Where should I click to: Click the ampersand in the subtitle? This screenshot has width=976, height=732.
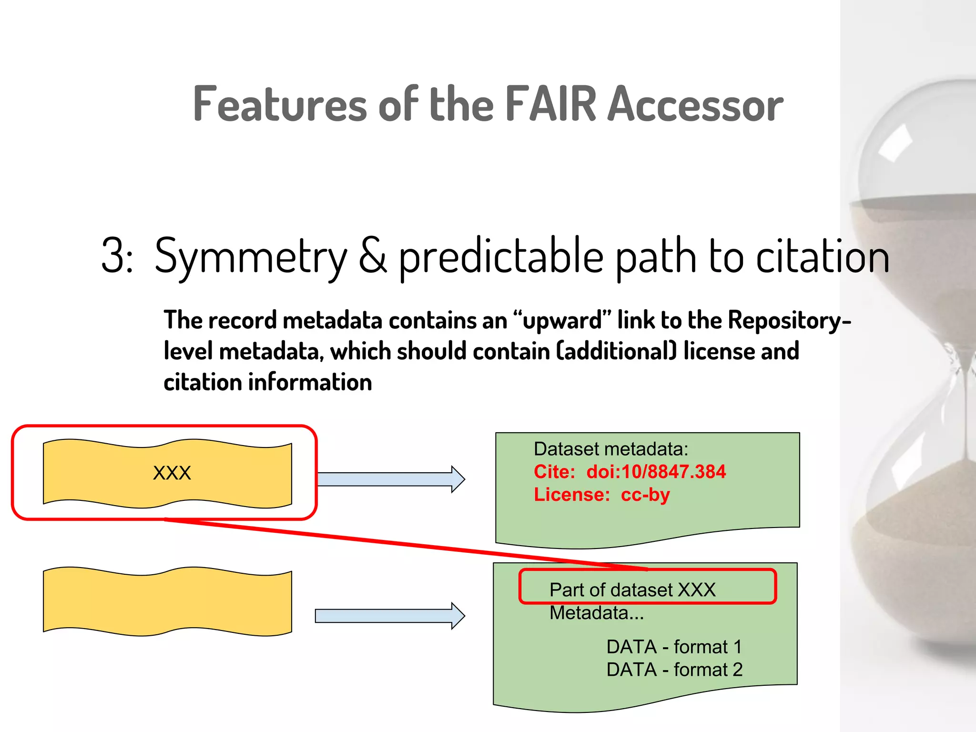pyautogui.click(x=373, y=256)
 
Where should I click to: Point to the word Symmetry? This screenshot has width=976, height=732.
pyautogui.click(x=251, y=257)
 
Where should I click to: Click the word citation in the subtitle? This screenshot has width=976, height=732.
pyautogui.click(x=823, y=256)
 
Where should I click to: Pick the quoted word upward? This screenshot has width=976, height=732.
pyautogui.click(x=562, y=320)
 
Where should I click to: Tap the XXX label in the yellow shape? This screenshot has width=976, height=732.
pyautogui.click(x=172, y=473)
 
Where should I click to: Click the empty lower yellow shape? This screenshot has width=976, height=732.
pyautogui.click(x=167, y=601)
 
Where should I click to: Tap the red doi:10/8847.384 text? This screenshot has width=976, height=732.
pyautogui.click(x=656, y=472)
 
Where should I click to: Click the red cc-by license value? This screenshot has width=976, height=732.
pyautogui.click(x=645, y=495)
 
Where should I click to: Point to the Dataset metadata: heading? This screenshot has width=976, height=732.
pyautogui.click(x=611, y=449)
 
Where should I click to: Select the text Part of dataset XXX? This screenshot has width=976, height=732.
pyautogui.click(x=632, y=590)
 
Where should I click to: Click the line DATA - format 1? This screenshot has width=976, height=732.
pyautogui.click(x=674, y=647)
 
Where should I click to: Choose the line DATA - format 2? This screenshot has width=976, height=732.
pyautogui.click(x=674, y=670)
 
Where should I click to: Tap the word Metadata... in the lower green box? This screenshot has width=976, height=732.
pyautogui.click(x=597, y=613)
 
